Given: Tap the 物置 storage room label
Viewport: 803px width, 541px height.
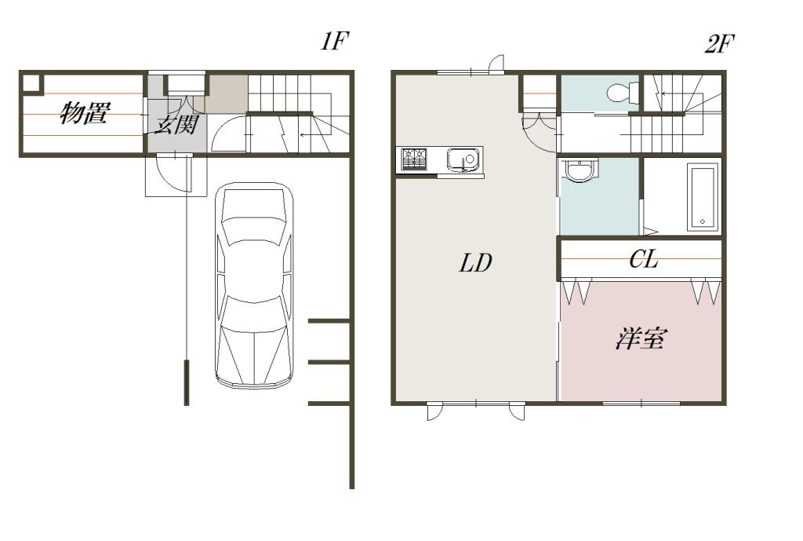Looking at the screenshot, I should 84,115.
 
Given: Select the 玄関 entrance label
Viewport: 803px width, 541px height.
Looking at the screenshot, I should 175,124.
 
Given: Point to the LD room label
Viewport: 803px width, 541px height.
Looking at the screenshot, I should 475,263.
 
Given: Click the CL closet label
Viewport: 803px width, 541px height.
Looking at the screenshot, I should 643,260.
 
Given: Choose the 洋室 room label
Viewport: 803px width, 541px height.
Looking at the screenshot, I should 641,339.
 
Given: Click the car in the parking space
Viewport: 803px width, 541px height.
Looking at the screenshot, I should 254,286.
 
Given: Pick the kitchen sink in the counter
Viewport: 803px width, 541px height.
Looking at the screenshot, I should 463,159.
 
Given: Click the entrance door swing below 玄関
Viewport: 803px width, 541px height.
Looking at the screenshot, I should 171,174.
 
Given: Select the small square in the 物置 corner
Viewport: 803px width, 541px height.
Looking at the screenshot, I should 30,82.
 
